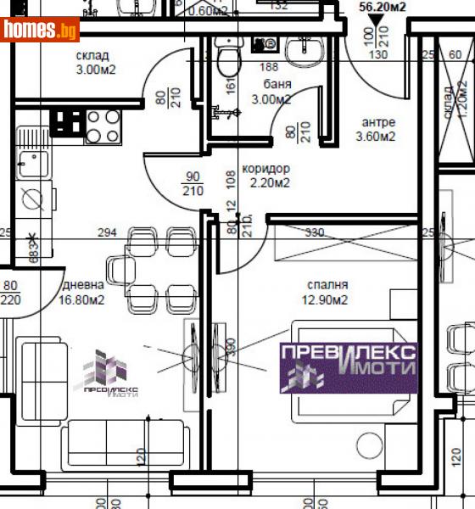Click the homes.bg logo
41,31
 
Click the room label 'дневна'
82,285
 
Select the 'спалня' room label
329,285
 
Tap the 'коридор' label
265,168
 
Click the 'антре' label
377,120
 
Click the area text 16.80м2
82,299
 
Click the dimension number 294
107,232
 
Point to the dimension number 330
315,232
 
